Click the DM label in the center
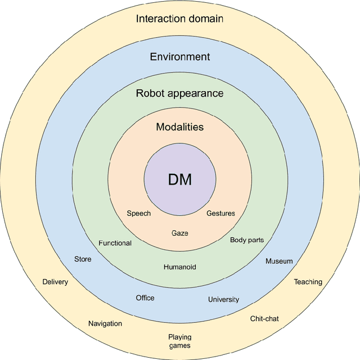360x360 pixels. [180, 180]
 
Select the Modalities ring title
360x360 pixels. [180, 127]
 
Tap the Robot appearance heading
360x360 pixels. [180, 93]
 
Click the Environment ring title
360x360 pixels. [180, 57]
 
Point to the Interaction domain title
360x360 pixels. [180, 19]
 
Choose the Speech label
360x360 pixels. [138, 214]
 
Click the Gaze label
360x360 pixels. [180, 233]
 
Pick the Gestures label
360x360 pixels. [220, 214]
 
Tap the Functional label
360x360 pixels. [115, 243]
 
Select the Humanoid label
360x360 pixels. [180, 267]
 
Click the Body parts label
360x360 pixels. [247, 240]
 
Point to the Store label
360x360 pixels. [83, 259]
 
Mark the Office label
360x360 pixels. [145, 298]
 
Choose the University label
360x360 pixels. [223, 299]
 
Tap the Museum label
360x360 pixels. [279, 261]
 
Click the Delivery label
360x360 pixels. [55, 282]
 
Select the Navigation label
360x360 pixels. [105, 323]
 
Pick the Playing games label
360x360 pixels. [180, 341]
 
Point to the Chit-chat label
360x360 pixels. [264, 319]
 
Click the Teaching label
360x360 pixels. [308, 282]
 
